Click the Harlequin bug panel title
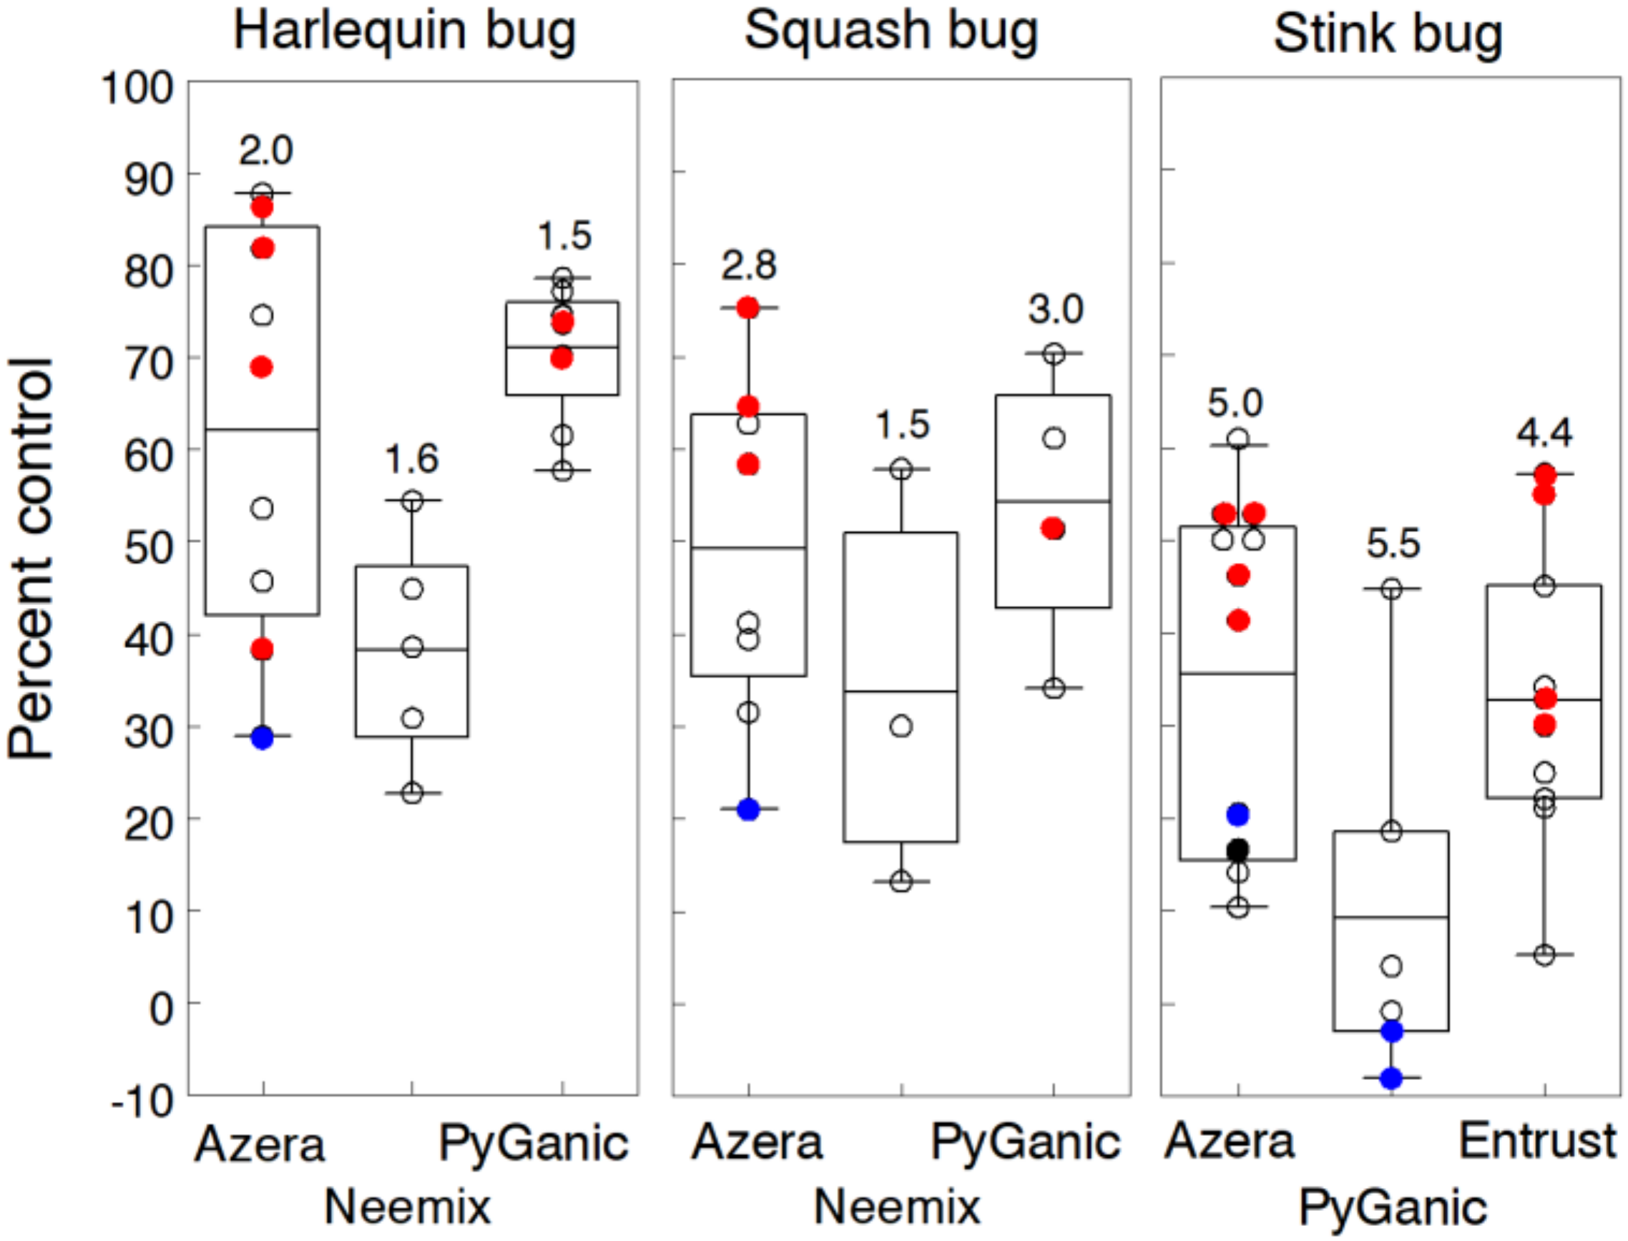tap(404, 31)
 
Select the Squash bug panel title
tap(891, 31)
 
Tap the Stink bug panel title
tap(1388, 35)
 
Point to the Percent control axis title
tap(31, 559)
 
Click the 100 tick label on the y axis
tap(137, 88)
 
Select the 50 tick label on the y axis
tap(149, 547)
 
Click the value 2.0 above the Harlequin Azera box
tap(266, 151)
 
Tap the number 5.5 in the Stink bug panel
tap(1393, 544)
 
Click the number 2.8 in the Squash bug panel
tap(749, 266)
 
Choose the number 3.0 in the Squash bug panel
tap(1056, 310)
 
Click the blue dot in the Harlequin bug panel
tap(263, 737)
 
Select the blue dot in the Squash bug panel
tap(749, 810)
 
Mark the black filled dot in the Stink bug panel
tap(1238, 850)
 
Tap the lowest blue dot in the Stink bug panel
tap(1392, 1079)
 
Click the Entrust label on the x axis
tap(1538, 1142)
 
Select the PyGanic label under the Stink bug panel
tap(1393, 1210)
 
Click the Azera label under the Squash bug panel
tap(756, 1143)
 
